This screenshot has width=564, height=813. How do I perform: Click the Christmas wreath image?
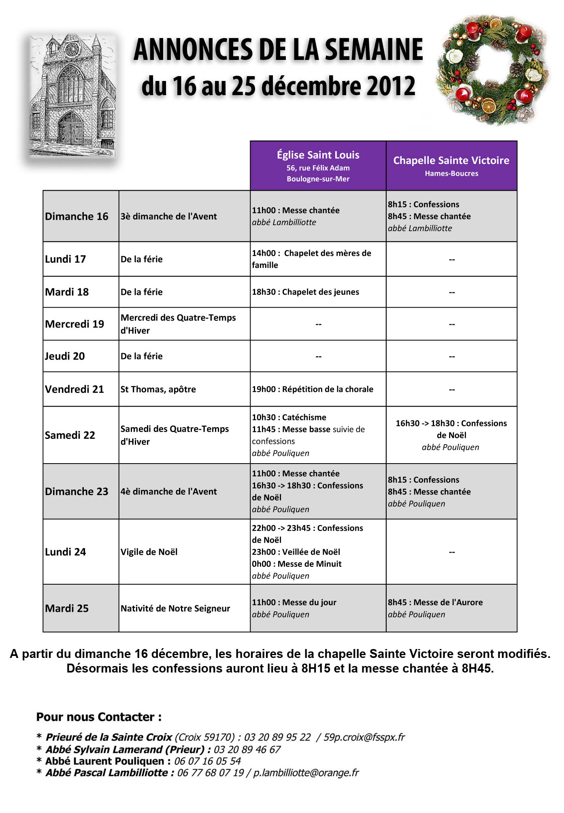pos(492,70)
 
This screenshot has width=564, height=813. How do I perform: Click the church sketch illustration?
pos(72,96)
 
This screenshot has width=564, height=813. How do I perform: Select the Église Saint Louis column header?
pos(318,166)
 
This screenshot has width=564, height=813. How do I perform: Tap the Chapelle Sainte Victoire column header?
pos(451,166)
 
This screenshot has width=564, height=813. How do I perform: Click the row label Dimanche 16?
pos(77,217)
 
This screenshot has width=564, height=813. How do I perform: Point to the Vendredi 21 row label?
pos(74,389)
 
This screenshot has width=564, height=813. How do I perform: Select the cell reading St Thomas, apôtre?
pos(158,389)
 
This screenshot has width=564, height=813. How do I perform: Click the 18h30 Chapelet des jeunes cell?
pos(305,292)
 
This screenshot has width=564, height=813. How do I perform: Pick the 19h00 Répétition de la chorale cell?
pos(313,389)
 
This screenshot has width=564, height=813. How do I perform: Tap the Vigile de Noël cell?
pos(149,552)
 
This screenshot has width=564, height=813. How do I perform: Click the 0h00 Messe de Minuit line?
pos(297,564)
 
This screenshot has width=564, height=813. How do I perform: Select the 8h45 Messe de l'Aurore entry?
pos(435,602)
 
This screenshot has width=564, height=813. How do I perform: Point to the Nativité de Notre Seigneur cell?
pos(175,609)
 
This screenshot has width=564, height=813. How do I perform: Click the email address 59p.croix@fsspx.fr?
pos(364,737)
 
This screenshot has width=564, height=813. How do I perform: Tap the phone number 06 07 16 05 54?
pos(207,761)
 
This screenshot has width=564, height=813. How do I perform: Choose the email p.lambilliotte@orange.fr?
pos(306,773)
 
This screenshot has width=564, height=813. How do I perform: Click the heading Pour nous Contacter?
pos(99,717)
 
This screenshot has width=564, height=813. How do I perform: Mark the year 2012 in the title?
pos(390,86)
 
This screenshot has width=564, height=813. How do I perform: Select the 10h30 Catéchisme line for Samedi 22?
pos(289,417)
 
